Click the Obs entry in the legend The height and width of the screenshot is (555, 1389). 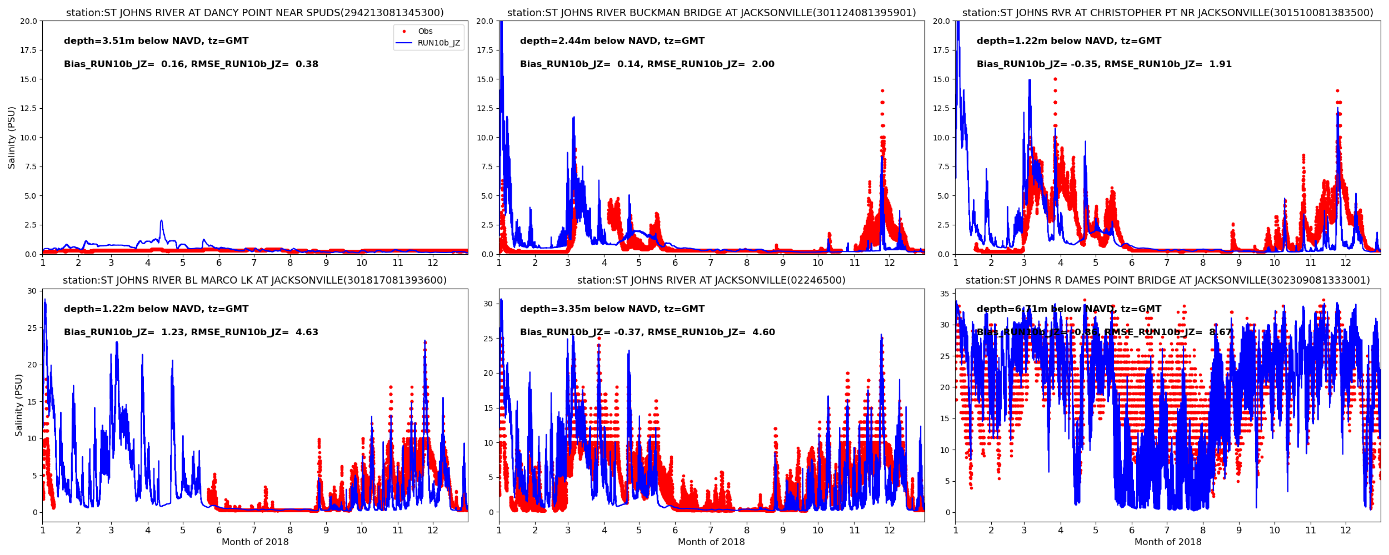425,32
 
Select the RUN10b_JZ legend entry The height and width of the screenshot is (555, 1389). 438,43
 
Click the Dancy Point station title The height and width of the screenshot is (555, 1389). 254,13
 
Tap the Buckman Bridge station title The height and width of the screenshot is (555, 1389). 711,13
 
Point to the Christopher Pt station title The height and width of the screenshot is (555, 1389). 1167,13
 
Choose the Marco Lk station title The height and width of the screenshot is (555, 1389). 254,281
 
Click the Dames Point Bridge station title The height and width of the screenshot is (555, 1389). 1167,281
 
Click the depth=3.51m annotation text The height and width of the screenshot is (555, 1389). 156,41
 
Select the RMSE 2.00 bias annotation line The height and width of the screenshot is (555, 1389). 647,64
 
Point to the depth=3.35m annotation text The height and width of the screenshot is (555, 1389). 612,309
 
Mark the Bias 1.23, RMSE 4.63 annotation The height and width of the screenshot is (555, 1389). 191,332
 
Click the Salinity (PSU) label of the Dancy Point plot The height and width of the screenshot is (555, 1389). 12,138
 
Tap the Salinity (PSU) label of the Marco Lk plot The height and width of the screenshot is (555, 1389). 19,405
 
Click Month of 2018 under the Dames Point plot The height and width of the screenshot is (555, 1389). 1167,542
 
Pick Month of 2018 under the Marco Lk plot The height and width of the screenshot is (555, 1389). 255,542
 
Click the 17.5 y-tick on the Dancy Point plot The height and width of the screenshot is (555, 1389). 28,51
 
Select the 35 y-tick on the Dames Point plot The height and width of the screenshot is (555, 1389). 944,294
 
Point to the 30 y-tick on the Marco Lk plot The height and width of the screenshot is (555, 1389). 32,291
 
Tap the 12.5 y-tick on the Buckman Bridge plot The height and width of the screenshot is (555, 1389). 484,109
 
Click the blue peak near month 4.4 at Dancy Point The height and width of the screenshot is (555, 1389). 161,221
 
